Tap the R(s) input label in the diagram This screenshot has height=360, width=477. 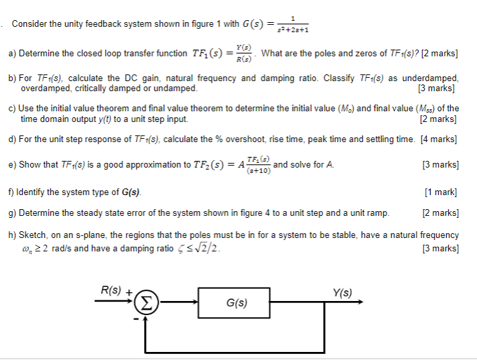point(110,291)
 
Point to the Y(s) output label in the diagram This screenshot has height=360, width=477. point(342,292)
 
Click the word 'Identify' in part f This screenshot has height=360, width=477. point(33,192)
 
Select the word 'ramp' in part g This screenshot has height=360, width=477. point(378,213)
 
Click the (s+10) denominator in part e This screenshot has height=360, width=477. point(259,171)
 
